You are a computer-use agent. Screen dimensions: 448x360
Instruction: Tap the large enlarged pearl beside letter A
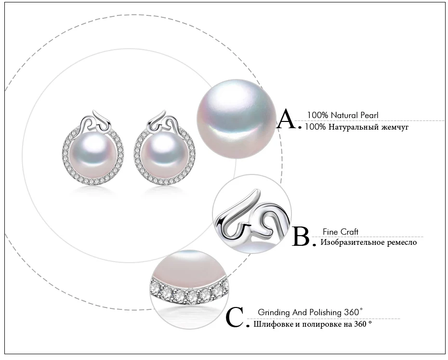coord(237,119)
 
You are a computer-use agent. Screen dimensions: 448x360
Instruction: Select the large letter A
coord(288,119)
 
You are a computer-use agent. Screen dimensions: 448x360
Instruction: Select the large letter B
coord(302,236)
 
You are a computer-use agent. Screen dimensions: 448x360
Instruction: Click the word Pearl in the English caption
coord(369,115)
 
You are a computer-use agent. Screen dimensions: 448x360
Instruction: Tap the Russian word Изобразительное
coord(353,242)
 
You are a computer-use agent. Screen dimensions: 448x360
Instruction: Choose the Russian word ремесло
coord(402,242)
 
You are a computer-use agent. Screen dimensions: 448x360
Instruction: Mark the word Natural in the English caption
coord(344,115)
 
